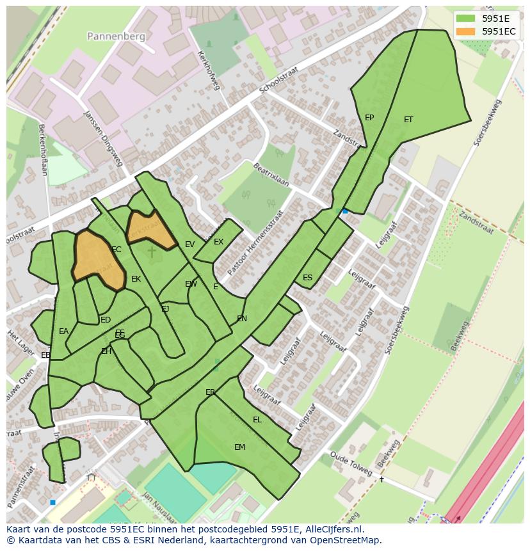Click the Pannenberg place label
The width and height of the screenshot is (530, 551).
click(116, 36)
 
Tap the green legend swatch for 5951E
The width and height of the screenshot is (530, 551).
click(466, 19)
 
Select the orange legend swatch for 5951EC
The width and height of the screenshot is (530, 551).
click(466, 31)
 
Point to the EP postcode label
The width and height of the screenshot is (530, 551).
click(369, 118)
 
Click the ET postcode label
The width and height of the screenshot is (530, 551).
click(408, 120)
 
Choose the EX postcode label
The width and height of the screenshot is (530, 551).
click(218, 242)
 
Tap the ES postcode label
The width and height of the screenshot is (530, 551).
click(307, 278)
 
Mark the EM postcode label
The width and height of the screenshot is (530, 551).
click(239, 447)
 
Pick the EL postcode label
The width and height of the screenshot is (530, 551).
click(257, 420)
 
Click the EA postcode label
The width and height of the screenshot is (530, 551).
click(63, 331)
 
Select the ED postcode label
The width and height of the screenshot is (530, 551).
click(106, 320)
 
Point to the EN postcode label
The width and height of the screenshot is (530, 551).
click(242, 319)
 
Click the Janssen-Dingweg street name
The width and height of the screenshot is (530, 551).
click(102, 138)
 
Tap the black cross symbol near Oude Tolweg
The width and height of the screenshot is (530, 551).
click(381, 479)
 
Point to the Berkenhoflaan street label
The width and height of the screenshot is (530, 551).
click(43, 150)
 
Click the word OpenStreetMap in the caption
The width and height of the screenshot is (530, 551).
click(344, 540)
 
